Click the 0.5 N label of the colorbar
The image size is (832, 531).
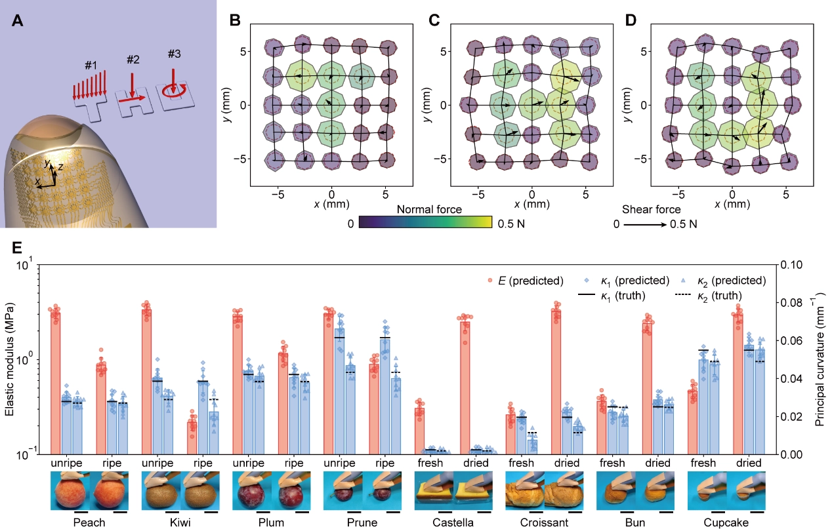pyautogui.click(x=510, y=224)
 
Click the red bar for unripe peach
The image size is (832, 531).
pyautogui.click(x=55, y=383)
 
